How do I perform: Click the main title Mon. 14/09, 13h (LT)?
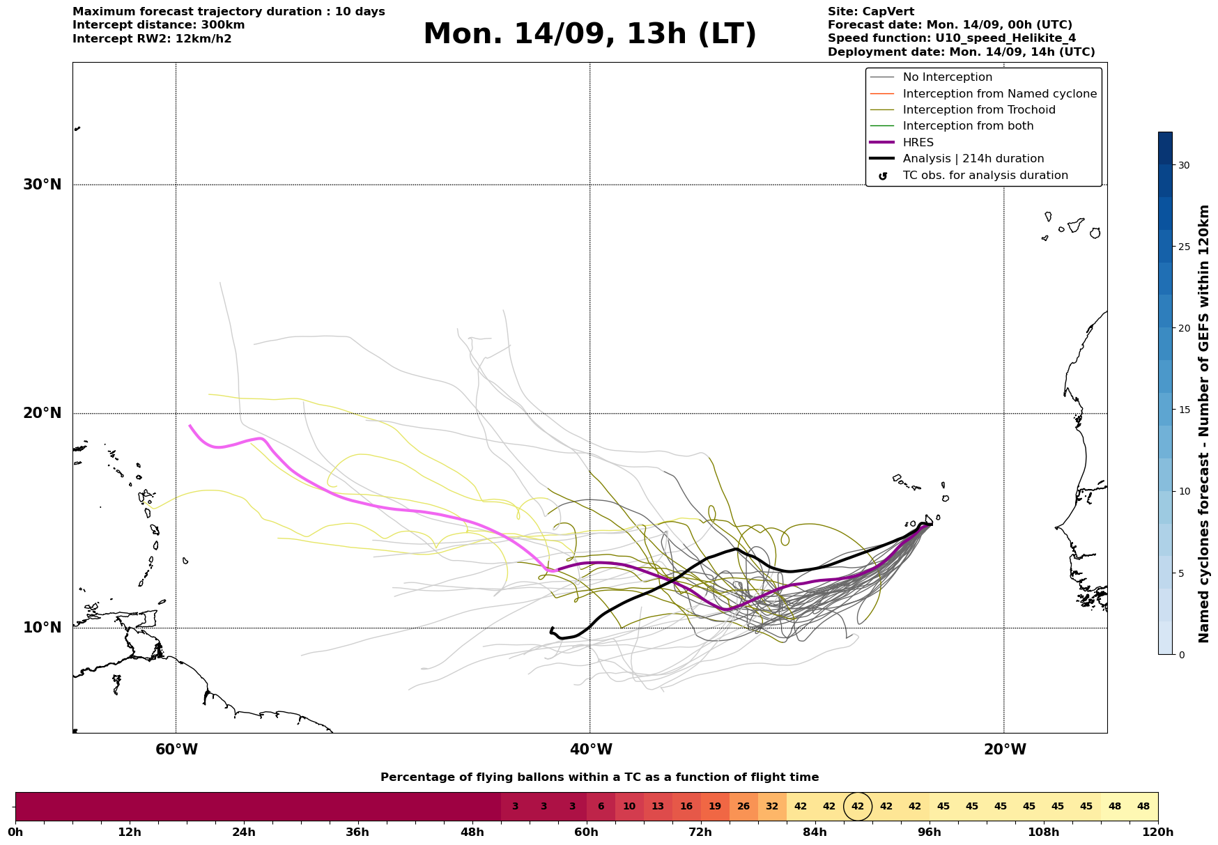click(x=589, y=34)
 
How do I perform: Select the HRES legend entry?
click(x=918, y=142)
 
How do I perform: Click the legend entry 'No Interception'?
click(x=948, y=77)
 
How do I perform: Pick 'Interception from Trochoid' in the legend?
click(x=979, y=110)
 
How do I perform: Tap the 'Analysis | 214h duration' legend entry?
click(x=973, y=159)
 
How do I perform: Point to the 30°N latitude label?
click(x=43, y=185)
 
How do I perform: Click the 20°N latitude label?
click(x=43, y=413)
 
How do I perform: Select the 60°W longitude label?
click(x=176, y=750)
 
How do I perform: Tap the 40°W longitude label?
click(x=591, y=750)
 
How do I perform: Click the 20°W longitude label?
click(x=1005, y=750)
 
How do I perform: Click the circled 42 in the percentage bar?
click(x=858, y=807)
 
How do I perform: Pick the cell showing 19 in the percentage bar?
click(x=715, y=807)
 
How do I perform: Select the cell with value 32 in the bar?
click(x=772, y=807)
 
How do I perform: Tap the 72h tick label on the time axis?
click(x=700, y=832)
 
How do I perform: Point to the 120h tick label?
click(x=1158, y=832)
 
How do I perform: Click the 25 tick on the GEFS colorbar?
click(x=1185, y=247)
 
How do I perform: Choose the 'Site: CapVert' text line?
click(x=871, y=12)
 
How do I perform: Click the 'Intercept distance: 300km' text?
click(x=159, y=25)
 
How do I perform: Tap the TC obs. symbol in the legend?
click(x=883, y=176)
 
